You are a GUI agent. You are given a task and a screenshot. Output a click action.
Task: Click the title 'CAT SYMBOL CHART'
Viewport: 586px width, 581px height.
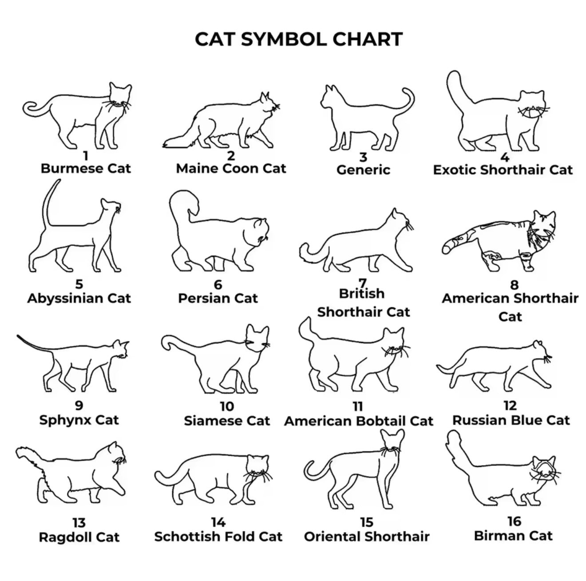click(298, 39)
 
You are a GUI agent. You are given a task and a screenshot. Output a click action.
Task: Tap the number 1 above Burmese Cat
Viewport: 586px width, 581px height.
click(86, 156)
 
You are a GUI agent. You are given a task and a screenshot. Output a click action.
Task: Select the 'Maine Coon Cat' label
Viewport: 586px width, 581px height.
click(231, 168)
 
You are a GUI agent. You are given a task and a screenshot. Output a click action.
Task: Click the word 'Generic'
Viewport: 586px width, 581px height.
click(363, 170)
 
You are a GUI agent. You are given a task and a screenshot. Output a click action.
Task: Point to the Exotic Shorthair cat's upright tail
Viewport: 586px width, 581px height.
click(456, 88)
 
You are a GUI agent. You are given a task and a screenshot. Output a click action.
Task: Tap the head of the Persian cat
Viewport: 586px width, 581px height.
click(256, 233)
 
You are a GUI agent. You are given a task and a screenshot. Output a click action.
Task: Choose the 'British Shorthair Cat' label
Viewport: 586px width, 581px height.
click(364, 303)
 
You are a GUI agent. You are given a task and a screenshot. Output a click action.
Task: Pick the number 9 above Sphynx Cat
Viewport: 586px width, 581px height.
click(79, 406)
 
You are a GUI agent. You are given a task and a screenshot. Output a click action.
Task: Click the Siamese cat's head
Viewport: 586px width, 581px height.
click(257, 339)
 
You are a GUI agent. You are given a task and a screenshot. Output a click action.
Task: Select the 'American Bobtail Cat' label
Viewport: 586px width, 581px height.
click(359, 421)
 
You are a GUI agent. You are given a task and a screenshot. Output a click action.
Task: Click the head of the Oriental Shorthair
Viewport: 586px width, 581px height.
click(392, 442)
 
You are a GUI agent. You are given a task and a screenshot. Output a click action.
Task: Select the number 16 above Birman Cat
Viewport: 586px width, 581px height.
click(514, 521)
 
